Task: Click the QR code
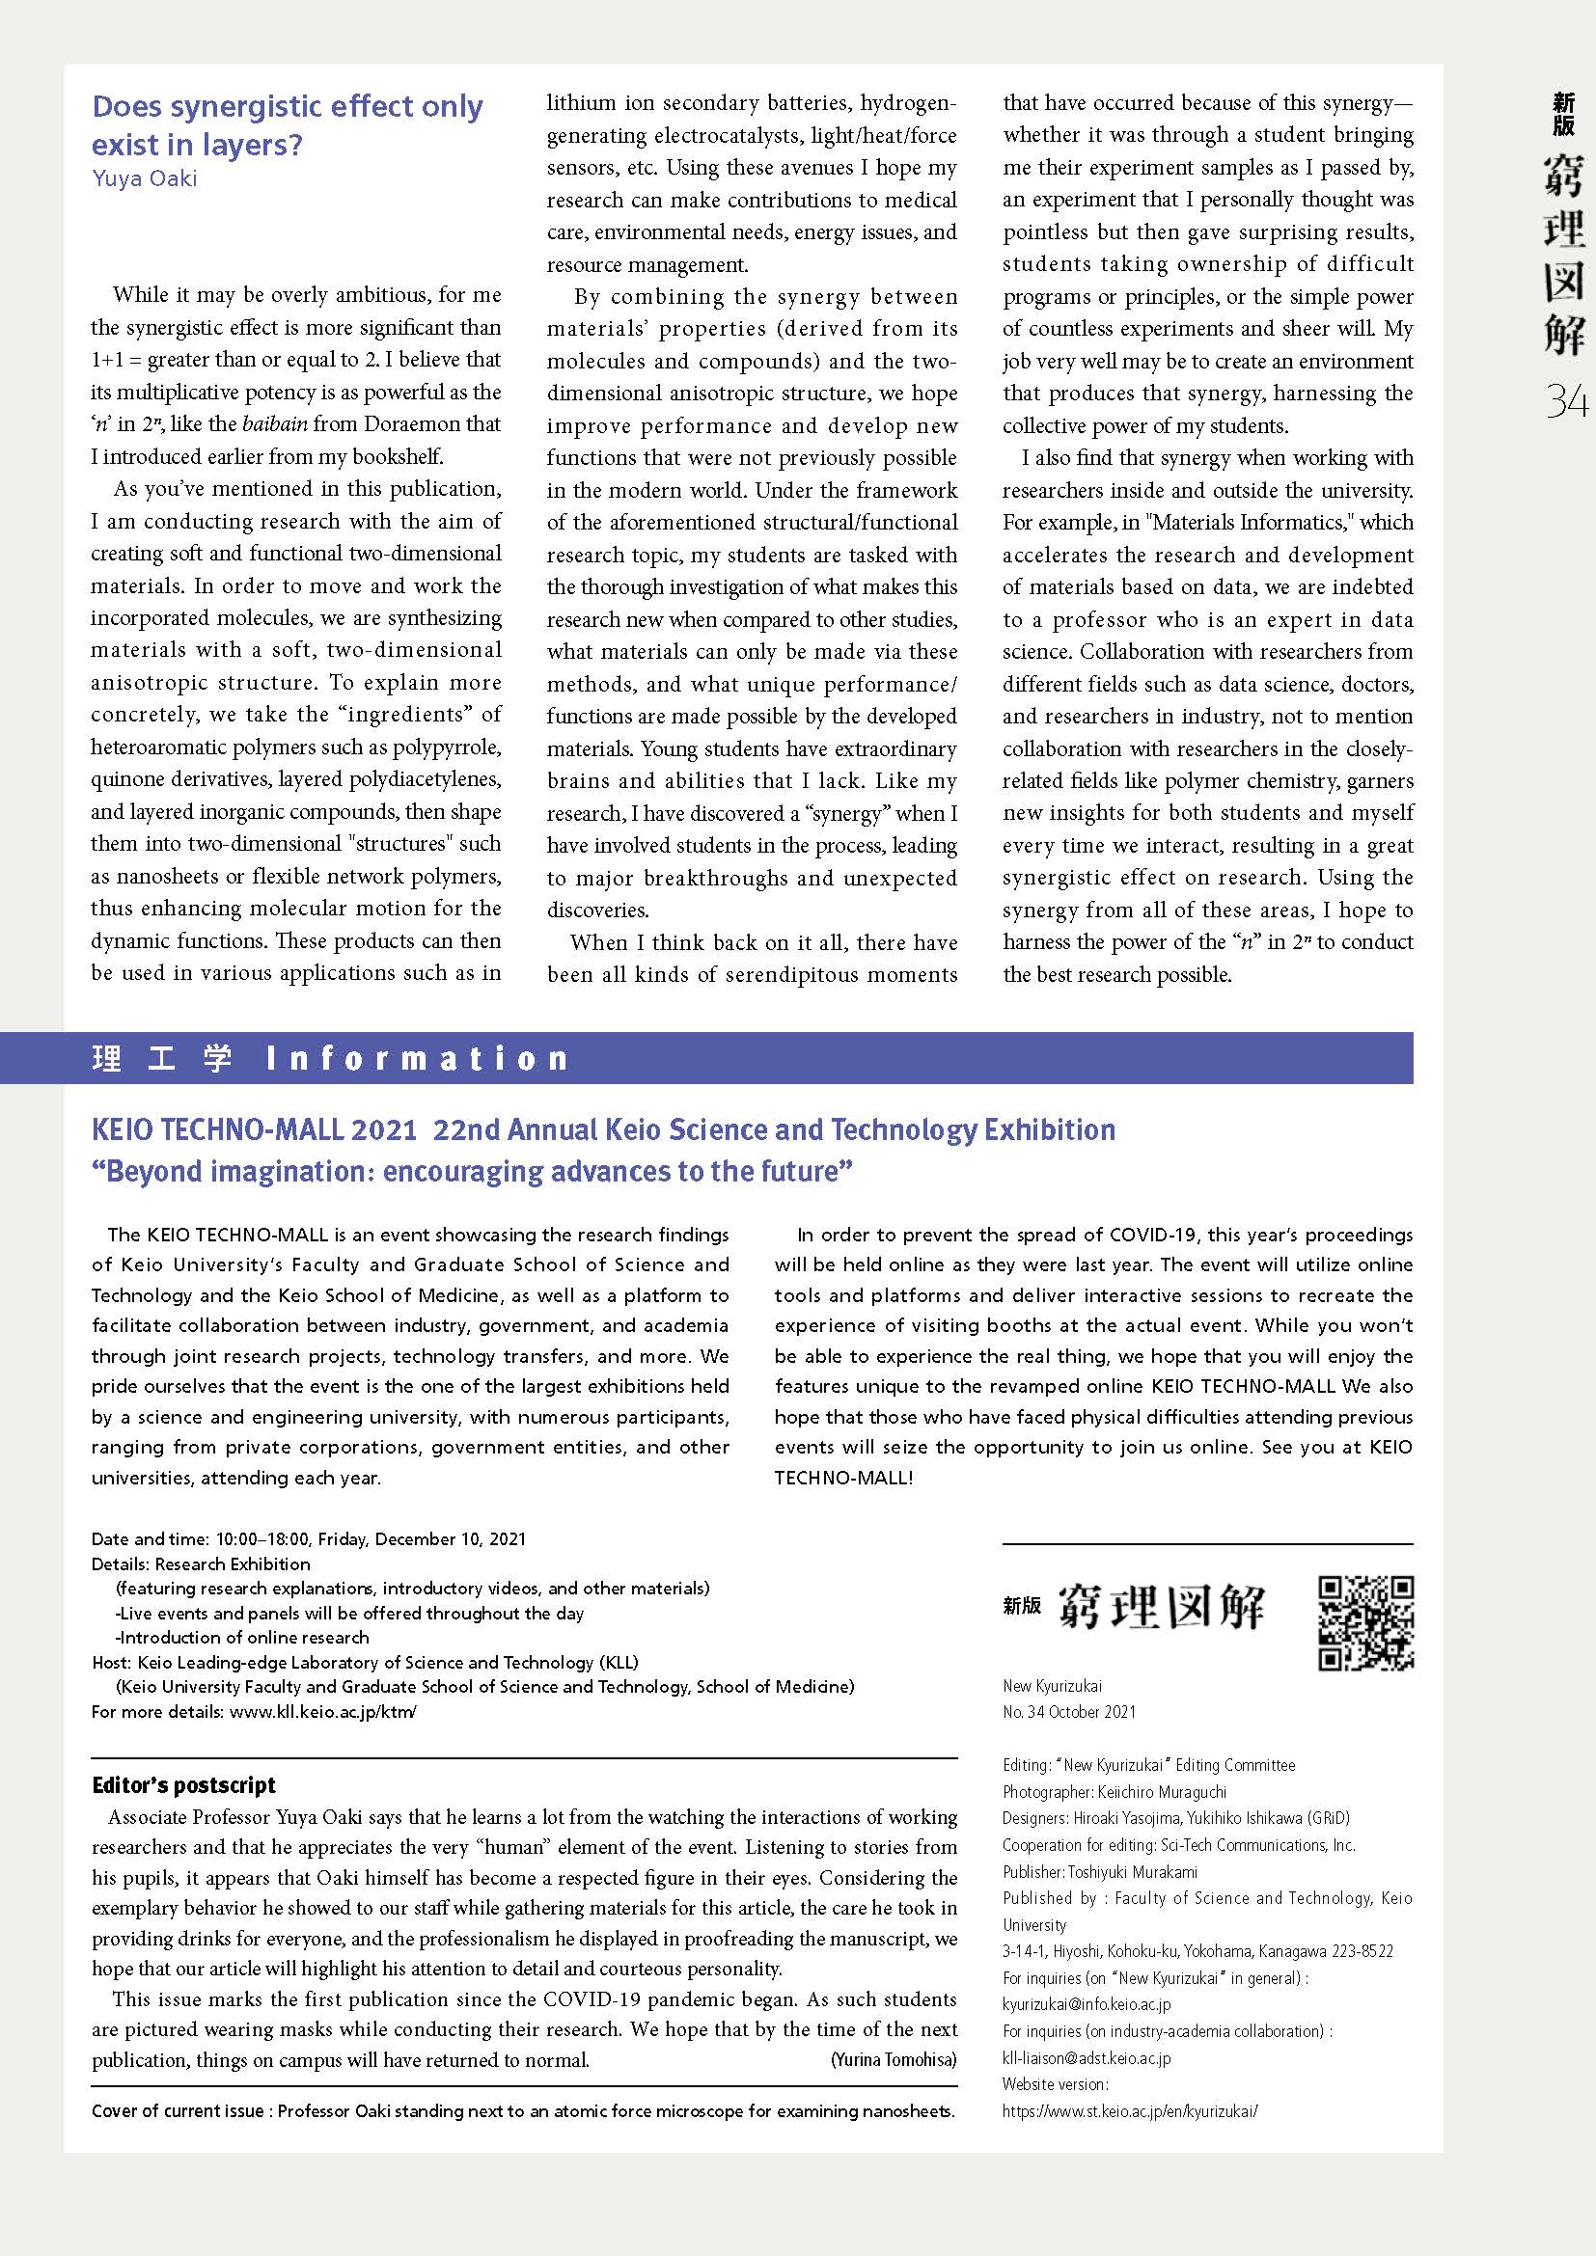coord(1365,1623)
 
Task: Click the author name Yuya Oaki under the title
coord(145,178)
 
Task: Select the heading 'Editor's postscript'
coord(183,1785)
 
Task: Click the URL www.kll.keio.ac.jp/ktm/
coord(322,1711)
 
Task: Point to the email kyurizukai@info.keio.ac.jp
coord(1086,2003)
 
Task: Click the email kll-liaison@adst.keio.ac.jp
coord(1086,2057)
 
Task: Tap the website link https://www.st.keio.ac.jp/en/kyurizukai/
coord(1129,2110)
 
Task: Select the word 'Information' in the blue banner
coord(418,1059)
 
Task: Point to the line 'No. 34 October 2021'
coord(1069,1712)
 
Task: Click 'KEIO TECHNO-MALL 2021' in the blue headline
coord(255,1130)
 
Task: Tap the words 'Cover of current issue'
coord(178,2110)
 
